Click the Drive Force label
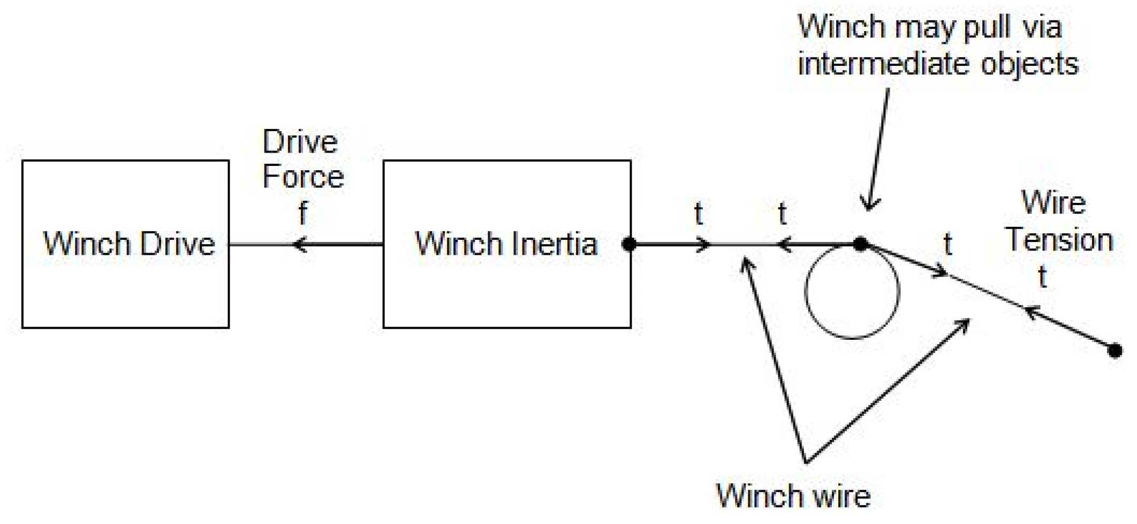point(302,160)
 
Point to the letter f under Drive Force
point(303,212)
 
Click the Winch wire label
point(793,496)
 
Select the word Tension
point(1060,240)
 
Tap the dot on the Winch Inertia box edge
point(630,245)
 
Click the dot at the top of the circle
point(860,245)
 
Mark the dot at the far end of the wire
point(1115,351)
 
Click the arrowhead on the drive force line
point(299,245)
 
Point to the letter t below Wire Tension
point(1042,277)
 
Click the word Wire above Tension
point(1053,203)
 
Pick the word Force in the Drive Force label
point(303,177)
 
